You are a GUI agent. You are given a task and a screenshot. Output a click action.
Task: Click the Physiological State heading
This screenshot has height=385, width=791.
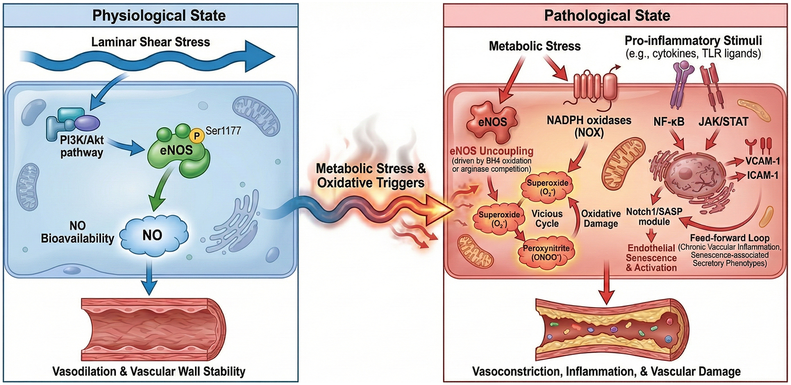coord(159,16)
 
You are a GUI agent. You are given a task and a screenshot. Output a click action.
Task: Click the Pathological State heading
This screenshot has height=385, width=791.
coord(607,16)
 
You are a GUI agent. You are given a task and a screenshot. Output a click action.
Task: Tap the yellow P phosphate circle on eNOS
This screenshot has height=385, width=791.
coord(196,136)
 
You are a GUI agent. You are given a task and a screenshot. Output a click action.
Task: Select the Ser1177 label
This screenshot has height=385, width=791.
coord(223,131)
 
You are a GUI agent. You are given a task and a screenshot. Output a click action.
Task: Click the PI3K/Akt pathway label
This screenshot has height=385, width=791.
coord(82,146)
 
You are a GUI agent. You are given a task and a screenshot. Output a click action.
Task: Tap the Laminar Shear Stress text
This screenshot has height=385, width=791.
coord(150,42)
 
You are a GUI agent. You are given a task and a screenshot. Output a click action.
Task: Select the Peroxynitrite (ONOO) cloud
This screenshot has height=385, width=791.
coord(546,253)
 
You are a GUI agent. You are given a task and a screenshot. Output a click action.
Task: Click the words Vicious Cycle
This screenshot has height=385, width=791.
coord(547,219)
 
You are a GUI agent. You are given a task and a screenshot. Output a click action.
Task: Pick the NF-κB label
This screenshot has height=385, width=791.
coord(669,122)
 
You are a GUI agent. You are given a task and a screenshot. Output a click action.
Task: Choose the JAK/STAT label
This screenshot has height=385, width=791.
coord(723,122)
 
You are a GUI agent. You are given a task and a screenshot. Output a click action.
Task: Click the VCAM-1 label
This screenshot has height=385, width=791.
coord(763,161)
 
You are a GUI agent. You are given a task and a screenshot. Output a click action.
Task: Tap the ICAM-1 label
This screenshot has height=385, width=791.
coord(762,175)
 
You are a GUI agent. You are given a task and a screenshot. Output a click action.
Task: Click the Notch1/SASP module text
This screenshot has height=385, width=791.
coord(654,217)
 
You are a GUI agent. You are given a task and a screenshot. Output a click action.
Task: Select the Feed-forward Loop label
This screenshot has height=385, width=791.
coord(729,238)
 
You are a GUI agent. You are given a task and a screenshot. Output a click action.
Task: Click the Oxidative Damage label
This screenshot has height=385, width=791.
coord(601,219)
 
